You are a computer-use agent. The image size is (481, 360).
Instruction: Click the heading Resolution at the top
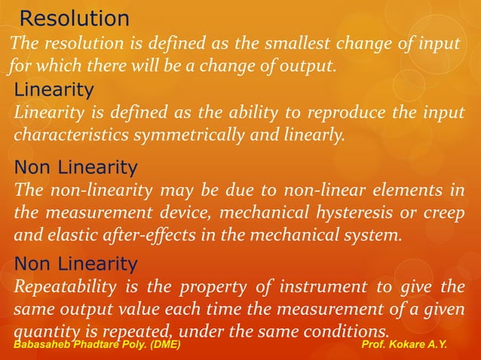pyautogui.click(x=74, y=18)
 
